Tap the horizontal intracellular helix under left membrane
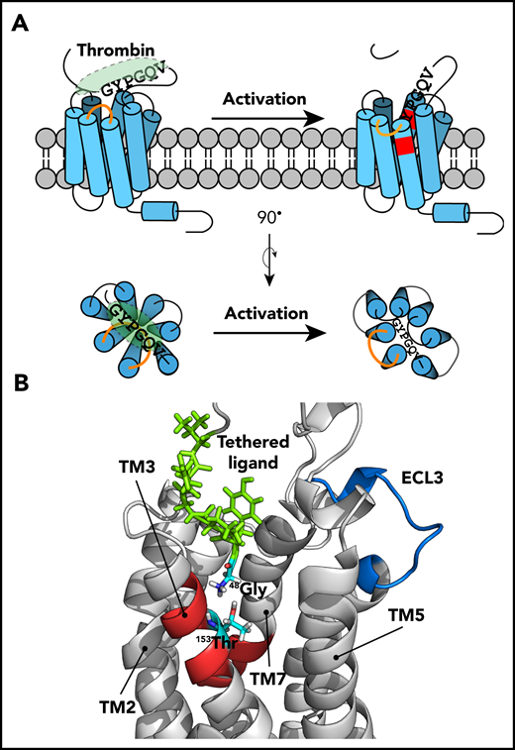pos(161,212)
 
